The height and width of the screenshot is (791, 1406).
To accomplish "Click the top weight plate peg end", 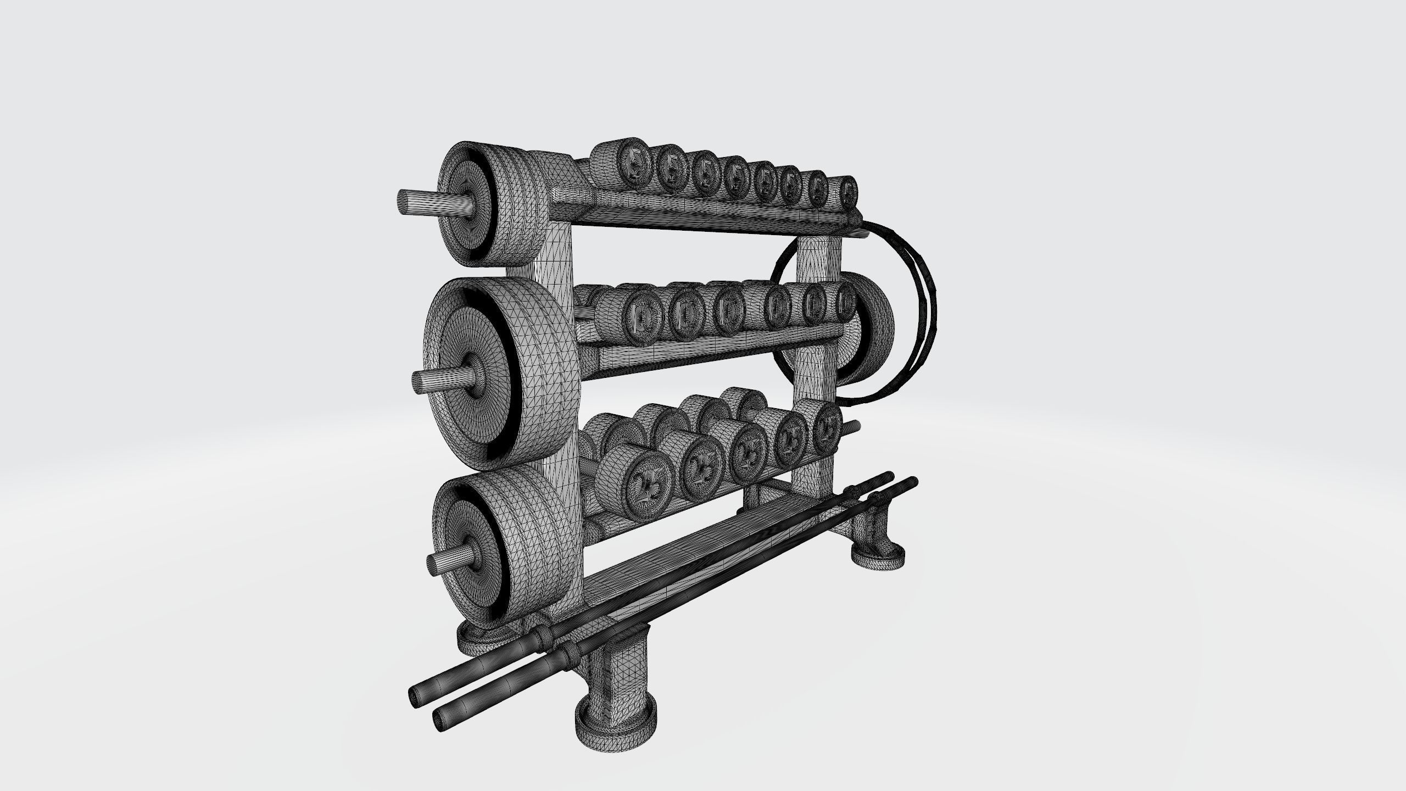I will [x=408, y=203].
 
